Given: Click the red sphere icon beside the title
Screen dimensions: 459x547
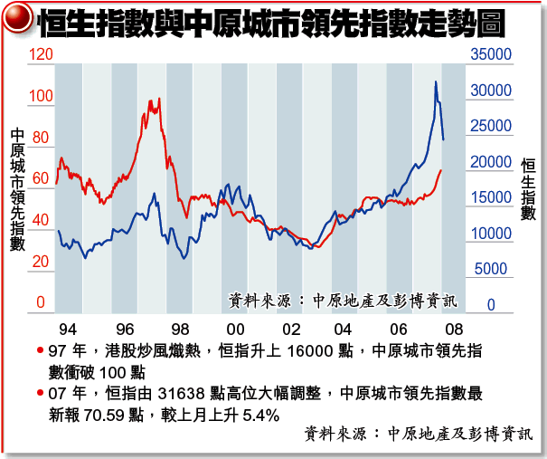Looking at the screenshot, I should coord(18,21).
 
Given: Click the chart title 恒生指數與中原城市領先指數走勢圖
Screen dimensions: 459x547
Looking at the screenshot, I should coord(280,23).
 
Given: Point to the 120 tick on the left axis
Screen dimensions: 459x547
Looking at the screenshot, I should coord(42,55).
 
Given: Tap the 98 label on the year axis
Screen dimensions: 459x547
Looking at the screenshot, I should coord(180,329).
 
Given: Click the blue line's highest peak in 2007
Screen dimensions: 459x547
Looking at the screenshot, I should coord(436,82).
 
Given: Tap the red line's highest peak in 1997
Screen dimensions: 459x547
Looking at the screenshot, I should coord(159,99).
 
